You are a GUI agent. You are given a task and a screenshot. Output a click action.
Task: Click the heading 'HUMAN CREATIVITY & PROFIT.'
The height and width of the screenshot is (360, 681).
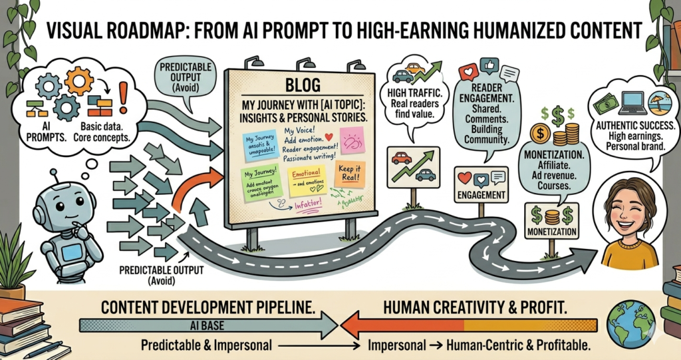point(475,309)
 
